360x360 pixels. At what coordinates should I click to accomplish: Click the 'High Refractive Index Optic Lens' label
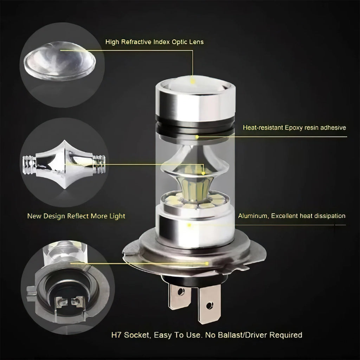[154, 42]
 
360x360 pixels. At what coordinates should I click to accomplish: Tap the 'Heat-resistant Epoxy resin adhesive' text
[294, 128]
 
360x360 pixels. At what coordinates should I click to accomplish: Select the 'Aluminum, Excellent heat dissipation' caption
[291, 216]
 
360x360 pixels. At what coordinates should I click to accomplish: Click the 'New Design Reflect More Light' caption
[76, 216]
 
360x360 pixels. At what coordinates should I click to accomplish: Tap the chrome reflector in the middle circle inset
[64, 163]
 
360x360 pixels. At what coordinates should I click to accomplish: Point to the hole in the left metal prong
[181, 291]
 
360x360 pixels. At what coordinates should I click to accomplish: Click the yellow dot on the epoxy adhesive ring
[197, 136]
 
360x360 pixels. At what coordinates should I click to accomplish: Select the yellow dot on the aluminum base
[189, 224]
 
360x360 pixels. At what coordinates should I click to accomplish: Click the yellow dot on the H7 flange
[207, 263]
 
